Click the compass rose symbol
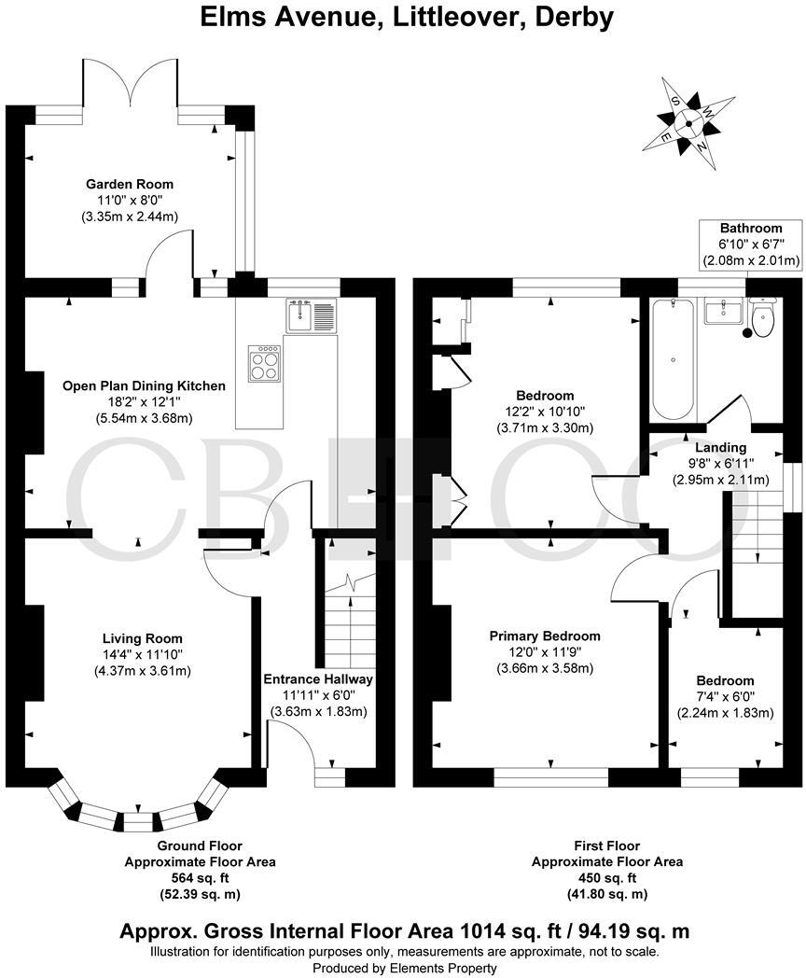[x=688, y=121]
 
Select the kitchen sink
[x=312, y=314]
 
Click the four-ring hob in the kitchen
[x=264, y=362]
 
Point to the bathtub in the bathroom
[x=672, y=359]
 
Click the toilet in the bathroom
[x=762, y=318]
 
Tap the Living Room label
[x=142, y=638]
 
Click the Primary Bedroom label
[x=545, y=636]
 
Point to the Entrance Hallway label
[x=318, y=679]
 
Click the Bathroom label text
[x=750, y=229]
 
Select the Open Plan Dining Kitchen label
[x=144, y=385]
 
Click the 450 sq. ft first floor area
[x=606, y=878]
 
